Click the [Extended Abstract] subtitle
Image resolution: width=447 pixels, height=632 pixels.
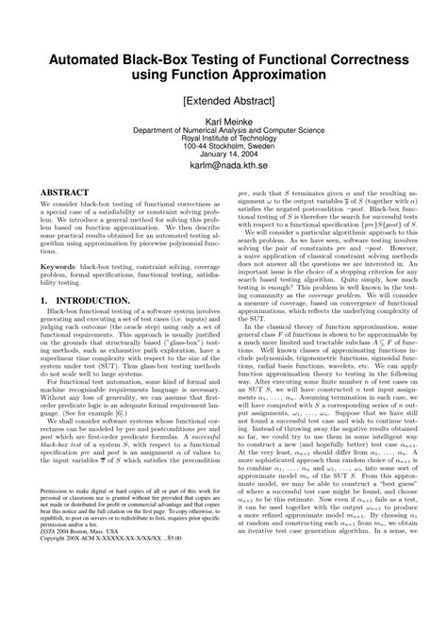coord(223,100)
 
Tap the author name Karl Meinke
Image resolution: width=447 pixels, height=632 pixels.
coord(223,124)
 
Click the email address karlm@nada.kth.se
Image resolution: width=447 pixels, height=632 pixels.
coord(223,173)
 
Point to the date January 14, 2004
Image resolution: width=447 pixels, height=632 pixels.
coord(223,159)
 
